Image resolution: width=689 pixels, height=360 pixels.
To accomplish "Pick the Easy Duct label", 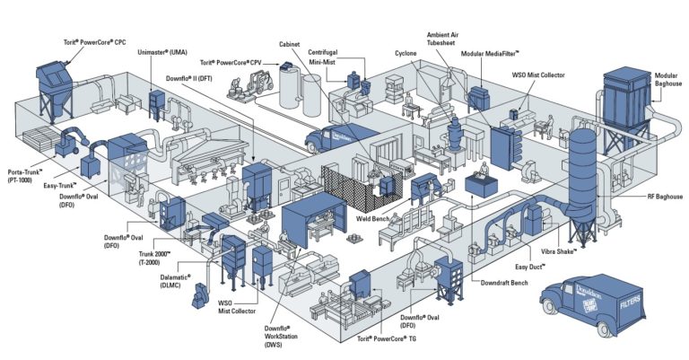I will pyautogui.click(x=532, y=267).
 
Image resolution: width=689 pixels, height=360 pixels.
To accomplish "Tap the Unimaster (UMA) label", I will pyautogui.click(x=161, y=53).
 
